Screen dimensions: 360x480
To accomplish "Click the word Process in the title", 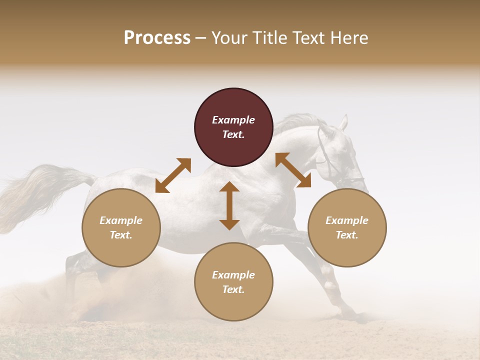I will click(157, 38).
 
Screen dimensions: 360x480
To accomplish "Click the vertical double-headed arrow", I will click(229, 205).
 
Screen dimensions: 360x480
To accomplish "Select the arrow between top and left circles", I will click(173, 175).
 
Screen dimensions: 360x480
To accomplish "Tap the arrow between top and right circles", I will click(293, 170).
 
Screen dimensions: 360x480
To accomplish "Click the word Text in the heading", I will click(309, 38).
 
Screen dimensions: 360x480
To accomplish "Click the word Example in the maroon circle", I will click(233, 120).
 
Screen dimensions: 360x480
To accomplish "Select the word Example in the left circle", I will click(121, 220).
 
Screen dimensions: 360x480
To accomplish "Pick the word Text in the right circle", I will click(347, 235).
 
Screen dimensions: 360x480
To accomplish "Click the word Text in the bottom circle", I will click(233, 289).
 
